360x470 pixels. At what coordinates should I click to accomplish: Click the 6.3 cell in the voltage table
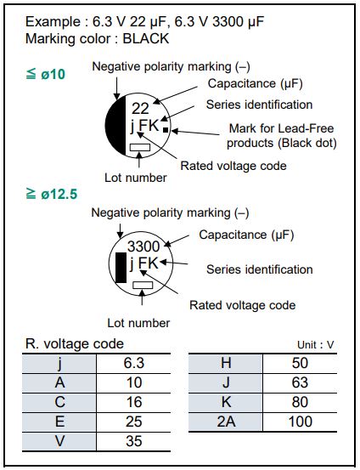(x=133, y=363)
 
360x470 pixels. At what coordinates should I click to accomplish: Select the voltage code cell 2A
(x=226, y=422)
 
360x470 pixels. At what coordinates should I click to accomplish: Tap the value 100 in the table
(x=300, y=422)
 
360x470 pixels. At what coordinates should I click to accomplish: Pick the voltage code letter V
(x=60, y=441)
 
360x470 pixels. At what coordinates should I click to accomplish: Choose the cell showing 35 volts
(x=133, y=441)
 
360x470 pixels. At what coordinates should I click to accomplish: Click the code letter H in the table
(x=226, y=363)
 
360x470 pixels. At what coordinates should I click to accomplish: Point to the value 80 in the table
(x=300, y=402)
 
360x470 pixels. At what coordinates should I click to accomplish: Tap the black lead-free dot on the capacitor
(x=166, y=130)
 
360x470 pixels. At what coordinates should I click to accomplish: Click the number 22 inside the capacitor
(x=140, y=108)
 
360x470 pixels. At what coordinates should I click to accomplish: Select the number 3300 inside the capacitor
(x=143, y=246)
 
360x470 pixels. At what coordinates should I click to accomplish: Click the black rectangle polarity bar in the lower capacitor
(x=121, y=268)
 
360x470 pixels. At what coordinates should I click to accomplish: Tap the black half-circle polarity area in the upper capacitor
(x=116, y=125)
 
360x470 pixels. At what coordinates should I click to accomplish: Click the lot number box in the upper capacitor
(x=140, y=147)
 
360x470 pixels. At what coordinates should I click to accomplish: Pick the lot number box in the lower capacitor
(x=143, y=285)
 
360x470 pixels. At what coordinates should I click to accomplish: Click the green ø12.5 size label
(x=52, y=194)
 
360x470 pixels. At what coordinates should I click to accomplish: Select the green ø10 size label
(x=46, y=74)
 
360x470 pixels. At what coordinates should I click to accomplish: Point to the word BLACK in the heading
(x=146, y=38)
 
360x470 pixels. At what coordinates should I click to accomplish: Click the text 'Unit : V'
(x=315, y=345)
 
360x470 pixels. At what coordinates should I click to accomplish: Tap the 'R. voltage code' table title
(x=75, y=344)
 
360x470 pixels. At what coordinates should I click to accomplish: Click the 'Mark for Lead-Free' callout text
(x=281, y=128)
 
